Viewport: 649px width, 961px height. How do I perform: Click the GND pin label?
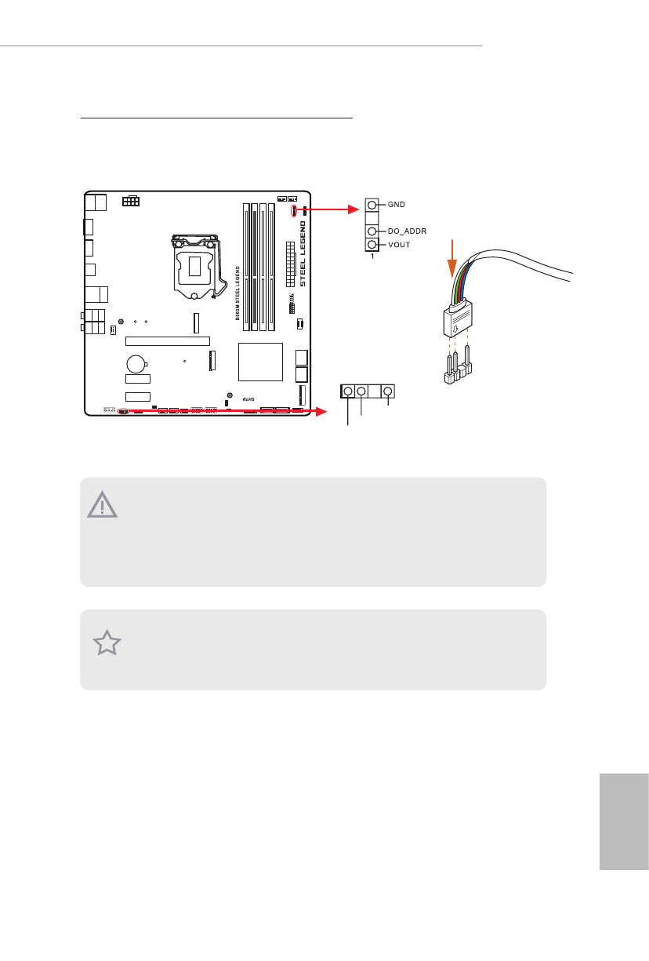[397, 204]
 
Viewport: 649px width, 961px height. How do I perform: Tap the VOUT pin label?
[399, 245]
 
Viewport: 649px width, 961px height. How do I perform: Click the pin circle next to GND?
[372, 205]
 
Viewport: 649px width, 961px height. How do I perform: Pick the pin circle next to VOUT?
[372, 245]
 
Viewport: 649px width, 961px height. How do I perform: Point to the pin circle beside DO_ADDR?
[372, 232]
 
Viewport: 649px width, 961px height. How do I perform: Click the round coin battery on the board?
[137, 363]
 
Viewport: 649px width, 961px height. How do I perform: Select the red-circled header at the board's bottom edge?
[123, 411]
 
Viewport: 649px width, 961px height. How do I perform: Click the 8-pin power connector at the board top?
[131, 201]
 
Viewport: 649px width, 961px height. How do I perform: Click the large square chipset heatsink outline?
[259, 362]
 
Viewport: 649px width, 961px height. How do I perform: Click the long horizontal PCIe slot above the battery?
[168, 341]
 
